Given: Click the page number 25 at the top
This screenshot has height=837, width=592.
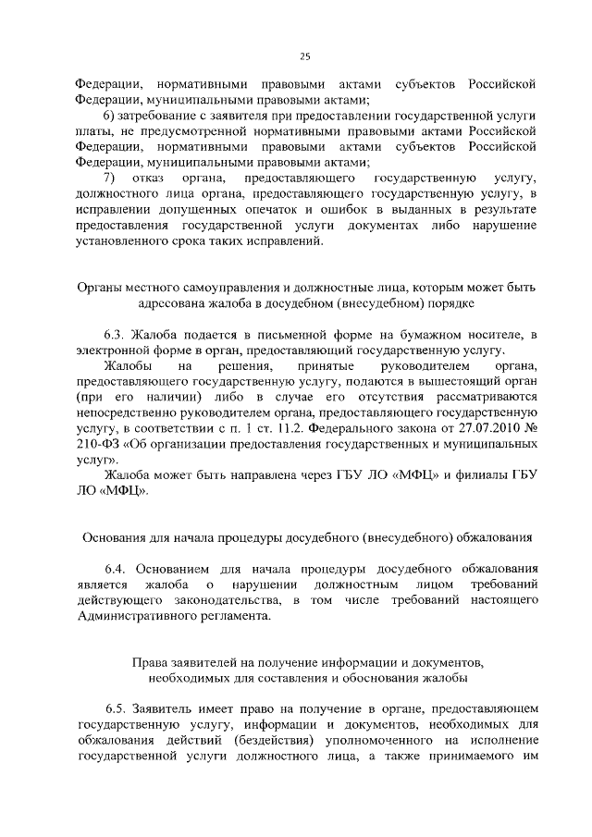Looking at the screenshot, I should [304, 55].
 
